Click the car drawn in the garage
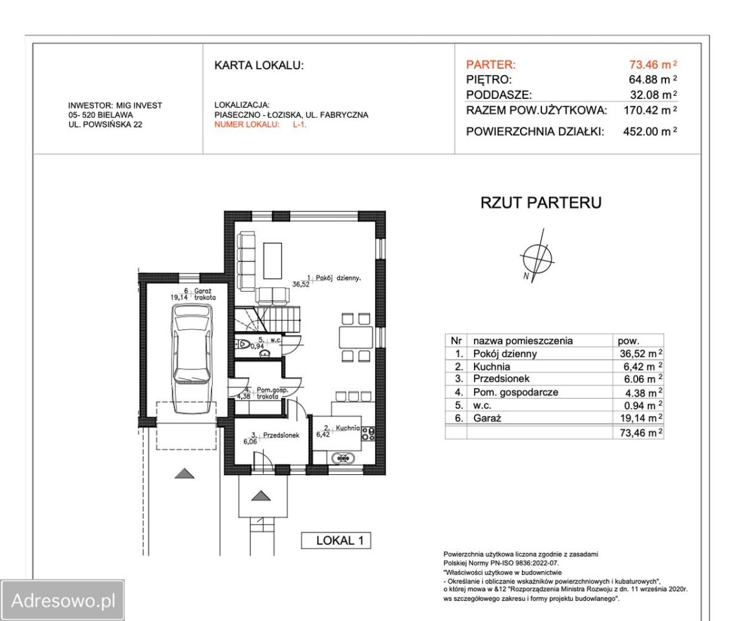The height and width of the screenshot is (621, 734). point(192,359)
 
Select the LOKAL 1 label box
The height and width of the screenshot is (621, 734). point(336,540)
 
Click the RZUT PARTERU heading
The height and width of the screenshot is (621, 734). point(541,202)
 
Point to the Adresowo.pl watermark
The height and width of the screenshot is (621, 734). point(63,600)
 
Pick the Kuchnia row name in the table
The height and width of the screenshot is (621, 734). point(491,367)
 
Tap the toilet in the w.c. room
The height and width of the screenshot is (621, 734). point(243,344)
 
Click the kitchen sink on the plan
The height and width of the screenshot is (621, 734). point(343,457)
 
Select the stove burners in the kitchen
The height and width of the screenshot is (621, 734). point(368,433)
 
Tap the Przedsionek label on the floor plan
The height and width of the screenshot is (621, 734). point(281,435)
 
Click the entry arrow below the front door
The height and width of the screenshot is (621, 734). point(261,496)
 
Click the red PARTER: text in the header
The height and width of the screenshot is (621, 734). point(491,65)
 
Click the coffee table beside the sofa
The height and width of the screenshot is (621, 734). point(272,261)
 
